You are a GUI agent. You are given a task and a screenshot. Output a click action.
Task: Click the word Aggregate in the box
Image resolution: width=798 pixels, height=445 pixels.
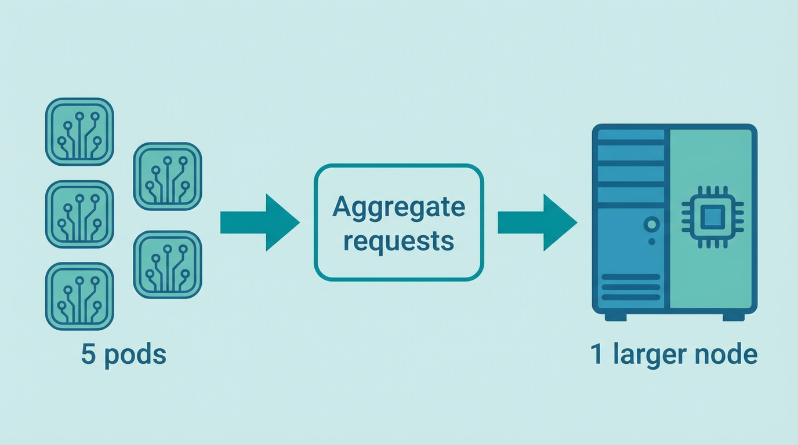pyautogui.click(x=398, y=207)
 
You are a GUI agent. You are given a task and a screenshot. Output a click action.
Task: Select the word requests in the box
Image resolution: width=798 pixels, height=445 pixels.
pyautogui.click(x=398, y=240)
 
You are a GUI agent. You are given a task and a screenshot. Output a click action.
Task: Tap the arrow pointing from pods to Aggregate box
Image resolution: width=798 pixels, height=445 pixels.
pyautogui.click(x=260, y=222)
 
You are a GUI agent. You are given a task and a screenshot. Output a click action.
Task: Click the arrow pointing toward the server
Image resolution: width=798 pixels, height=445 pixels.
pyautogui.click(x=537, y=222)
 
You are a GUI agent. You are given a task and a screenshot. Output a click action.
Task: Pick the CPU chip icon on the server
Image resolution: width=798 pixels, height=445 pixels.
pyautogui.click(x=712, y=218)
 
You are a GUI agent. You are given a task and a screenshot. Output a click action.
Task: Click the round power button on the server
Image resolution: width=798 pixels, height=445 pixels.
pyautogui.click(x=651, y=224)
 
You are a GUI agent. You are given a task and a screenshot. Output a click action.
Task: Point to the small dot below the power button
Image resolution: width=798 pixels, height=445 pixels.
pyautogui.click(x=651, y=240)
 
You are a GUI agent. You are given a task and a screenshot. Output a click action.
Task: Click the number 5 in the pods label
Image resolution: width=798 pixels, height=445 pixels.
pyautogui.click(x=88, y=355)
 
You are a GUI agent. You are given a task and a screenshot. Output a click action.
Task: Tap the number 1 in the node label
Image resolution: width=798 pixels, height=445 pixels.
pyautogui.click(x=597, y=354)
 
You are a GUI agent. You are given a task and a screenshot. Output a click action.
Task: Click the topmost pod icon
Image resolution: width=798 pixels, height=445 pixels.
pyautogui.click(x=79, y=132)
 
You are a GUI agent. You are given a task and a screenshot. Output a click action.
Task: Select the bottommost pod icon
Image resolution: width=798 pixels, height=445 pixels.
pyautogui.click(x=79, y=296)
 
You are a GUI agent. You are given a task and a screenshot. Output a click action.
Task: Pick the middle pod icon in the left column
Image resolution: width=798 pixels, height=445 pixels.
pyautogui.click(x=79, y=214)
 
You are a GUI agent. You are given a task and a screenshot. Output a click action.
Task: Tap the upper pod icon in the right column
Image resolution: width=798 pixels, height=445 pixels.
pyautogui.click(x=168, y=176)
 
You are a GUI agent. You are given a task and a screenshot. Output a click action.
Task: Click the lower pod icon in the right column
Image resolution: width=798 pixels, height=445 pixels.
pyautogui.click(x=168, y=265)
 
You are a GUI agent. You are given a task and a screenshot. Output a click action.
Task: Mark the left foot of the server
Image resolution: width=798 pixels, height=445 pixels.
pyautogui.click(x=615, y=317)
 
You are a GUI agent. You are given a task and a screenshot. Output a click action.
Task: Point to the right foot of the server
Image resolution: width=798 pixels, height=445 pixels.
pyautogui.click(x=734, y=317)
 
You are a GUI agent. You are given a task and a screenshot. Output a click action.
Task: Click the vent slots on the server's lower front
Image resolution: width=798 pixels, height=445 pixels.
pyautogui.click(x=631, y=287)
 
